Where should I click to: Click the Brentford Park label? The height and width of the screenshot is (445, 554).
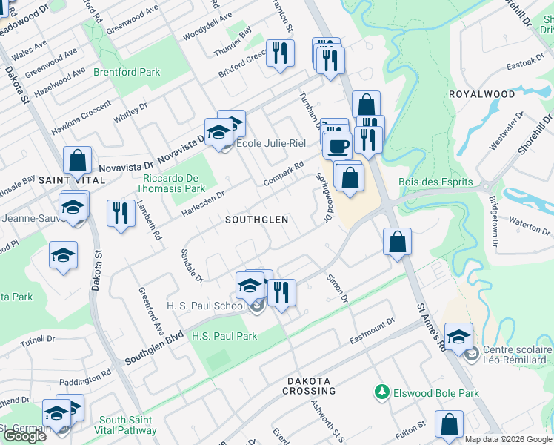click(127, 73)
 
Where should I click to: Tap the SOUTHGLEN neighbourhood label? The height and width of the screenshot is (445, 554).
click(256, 220)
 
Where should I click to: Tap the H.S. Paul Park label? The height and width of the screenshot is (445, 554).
click(224, 336)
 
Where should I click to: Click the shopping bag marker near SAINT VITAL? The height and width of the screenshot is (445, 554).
click(77, 160)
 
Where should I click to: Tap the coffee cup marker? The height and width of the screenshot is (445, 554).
click(338, 145)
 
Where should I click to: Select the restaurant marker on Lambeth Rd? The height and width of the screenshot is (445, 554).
click(119, 213)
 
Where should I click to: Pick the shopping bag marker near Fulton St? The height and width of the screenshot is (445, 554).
click(449, 424)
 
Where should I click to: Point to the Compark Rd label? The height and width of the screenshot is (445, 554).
click(284, 174)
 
